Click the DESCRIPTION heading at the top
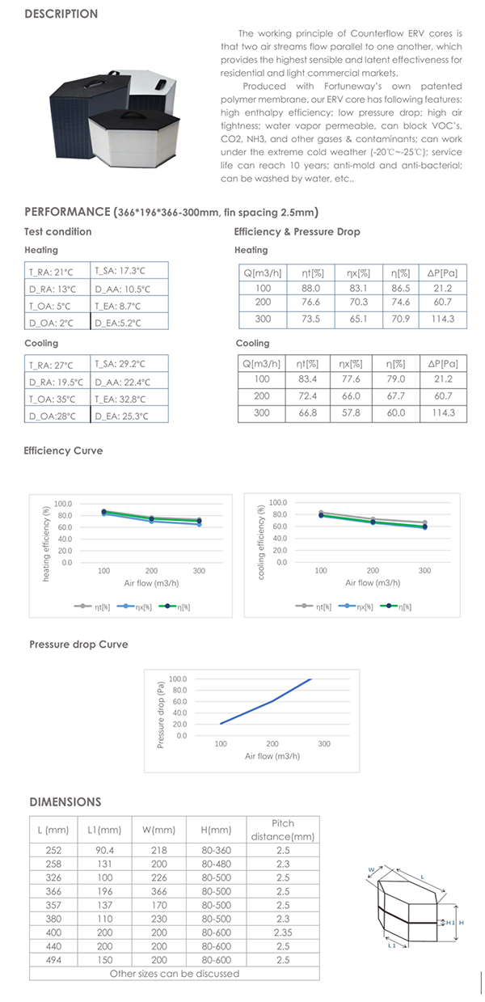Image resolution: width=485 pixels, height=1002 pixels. [x=61, y=14]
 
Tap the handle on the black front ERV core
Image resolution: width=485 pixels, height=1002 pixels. [x=132, y=115]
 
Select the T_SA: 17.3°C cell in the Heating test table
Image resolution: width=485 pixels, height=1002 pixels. [x=120, y=271]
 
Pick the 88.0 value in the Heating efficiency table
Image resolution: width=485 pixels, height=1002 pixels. [x=310, y=289]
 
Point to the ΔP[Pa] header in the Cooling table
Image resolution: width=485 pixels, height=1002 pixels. [x=443, y=364]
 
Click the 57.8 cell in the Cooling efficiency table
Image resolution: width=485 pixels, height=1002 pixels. [x=351, y=413]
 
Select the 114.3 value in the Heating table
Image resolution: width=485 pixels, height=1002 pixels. [x=442, y=319]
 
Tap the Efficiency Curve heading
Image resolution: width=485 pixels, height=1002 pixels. [x=63, y=450]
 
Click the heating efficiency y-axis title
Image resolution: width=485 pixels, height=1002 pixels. [x=45, y=543]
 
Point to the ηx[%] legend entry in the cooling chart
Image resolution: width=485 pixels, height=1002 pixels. [x=356, y=607]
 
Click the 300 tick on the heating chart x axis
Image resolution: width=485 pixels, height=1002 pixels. [x=199, y=571]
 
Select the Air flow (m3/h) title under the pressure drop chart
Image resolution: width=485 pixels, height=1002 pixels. [x=272, y=756]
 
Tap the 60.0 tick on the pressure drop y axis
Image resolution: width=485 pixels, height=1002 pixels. [x=179, y=701]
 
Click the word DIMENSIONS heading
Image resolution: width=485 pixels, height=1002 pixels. [x=65, y=802]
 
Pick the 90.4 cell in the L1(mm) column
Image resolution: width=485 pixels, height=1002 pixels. [x=104, y=850]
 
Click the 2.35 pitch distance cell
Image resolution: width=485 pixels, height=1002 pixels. [x=283, y=932]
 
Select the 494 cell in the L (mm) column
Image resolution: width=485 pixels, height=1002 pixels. [x=53, y=960]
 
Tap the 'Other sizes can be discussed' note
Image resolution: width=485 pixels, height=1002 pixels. [x=175, y=974]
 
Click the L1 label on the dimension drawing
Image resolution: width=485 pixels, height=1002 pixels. [x=391, y=945]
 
